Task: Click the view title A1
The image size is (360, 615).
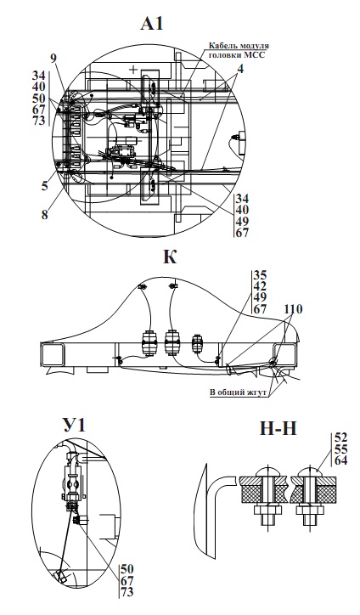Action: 152,24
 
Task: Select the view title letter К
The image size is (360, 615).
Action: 170,257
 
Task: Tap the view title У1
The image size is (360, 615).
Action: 74,425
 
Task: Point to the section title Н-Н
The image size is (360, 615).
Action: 278,429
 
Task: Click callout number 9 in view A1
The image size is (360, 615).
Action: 53,59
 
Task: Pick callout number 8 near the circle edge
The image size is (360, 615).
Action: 45,215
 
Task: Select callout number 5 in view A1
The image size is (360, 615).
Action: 45,184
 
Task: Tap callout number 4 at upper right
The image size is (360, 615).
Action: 240,70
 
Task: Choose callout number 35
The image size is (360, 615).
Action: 260,275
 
